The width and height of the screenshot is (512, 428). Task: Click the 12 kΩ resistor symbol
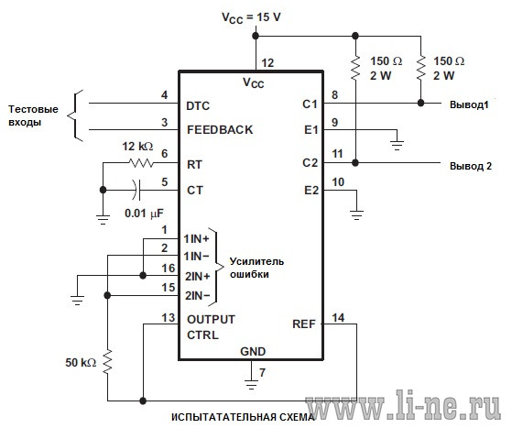pyautogui.click(x=141, y=163)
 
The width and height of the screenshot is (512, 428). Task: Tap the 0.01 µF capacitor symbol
pyautogui.click(x=136, y=190)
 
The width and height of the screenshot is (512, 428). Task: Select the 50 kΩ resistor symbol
pyautogui.click(x=108, y=362)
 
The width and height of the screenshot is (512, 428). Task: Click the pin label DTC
pyautogui.click(x=198, y=106)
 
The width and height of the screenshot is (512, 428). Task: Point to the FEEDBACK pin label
pyautogui.click(x=220, y=130)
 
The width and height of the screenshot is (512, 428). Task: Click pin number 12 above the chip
pyautogui.click(x=267, y=62)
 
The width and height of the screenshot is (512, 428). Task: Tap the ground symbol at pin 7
pyautogui.click(x=251, y=385)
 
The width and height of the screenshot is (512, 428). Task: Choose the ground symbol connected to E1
pyautogui.click(x=398, y=145)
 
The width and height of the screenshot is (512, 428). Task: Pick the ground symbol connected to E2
pyautogui.click(x=356, y=215)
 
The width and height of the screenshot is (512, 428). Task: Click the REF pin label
pyautogui.click(x=304, y=324)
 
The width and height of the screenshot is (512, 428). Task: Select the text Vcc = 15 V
pyautogui.click(x=251, y=18)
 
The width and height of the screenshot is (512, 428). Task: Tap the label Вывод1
pyautogui.click(x=469, y=104)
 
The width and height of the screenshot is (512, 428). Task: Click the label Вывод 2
pyautogui.click(x=471, y=166)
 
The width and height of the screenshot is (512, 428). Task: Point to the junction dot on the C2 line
pyautogui.click(x=355, y=162)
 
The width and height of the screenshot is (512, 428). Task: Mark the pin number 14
pyautogui.click(x=338, y=318)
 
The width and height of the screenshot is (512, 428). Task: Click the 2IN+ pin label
pyautogui.click(x=198, y=277)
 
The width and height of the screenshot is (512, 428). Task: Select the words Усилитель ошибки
pyautogui.click(x=256, y=268)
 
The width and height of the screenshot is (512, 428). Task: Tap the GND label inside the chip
pyautogui.click(x=253, y=352)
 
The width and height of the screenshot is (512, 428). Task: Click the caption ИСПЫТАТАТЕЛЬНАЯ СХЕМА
pyautogui.click(x=243, y=417)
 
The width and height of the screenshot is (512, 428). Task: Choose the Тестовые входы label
pyautogui.click(x=33, y=115)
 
